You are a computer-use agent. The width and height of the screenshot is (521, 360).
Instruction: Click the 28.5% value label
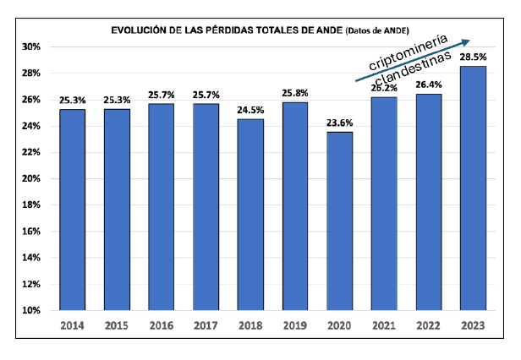point(473,57)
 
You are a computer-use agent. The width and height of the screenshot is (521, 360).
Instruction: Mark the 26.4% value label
point(429,85)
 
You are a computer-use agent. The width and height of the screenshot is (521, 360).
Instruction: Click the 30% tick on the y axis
point(31,46)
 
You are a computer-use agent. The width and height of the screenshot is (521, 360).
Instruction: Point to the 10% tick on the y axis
point(31,310)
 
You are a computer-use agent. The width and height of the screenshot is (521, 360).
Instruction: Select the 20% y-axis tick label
point(31,178)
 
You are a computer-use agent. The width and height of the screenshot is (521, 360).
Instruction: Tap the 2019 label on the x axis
point(294,325)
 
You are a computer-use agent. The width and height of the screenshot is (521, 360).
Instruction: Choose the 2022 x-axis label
point(429,325)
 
